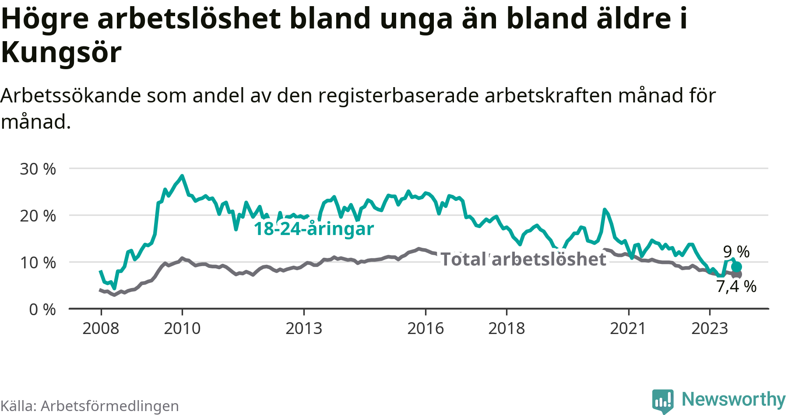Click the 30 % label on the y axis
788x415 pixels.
pos(38,169)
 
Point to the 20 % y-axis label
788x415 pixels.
pos(38,216)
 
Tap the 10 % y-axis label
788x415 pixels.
pos(38,263)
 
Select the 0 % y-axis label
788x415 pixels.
pos(42,309)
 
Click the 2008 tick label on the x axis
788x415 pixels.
pos(101,328)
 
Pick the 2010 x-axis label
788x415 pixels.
pos(182,328)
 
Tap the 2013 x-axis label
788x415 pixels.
pos(304,328)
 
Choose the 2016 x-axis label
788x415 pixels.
pos(426,328)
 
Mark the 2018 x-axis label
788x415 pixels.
pos(507,328)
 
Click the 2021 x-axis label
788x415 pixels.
pos(628,328)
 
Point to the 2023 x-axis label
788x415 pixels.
pos(710,328)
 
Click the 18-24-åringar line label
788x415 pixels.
pos(314,229)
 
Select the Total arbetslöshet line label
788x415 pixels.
pos(524,259)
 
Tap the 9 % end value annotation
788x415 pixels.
pos(736,252)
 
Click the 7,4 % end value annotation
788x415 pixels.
pos(736,286)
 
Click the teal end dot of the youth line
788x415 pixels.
pos(737,267)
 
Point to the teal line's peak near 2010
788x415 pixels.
pos(182,176)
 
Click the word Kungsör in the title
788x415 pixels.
pos(61,53)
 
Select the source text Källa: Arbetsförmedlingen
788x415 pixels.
pos(90,406)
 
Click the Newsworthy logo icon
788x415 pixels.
pos(663,401)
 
